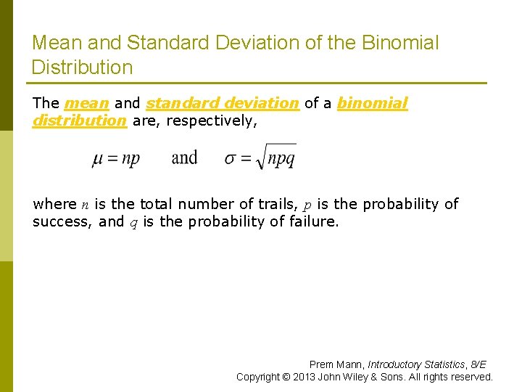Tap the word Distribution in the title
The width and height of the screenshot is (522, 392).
(x=82, y=68)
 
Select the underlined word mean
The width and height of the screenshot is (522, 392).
(x=87, y=103)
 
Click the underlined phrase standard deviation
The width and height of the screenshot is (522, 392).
(x=222, y=103)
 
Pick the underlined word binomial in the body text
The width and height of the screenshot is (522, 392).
(x=373, y=103)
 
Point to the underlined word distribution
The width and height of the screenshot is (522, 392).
(x=79, y=121)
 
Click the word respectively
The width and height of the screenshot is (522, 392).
(x=211, y=121)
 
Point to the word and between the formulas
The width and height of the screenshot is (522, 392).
(x=184, y=158)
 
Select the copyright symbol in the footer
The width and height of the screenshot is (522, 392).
(x=289, y=377)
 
